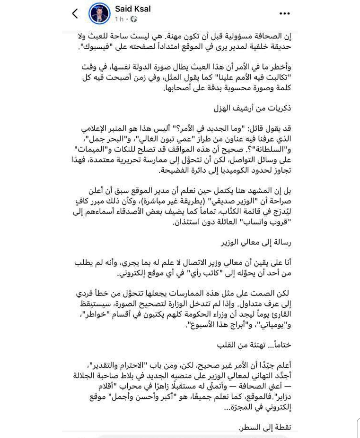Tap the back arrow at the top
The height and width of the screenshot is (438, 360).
tap(75, 14)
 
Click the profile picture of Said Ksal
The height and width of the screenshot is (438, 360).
tap(99, 14)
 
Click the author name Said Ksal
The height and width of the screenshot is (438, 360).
tap(133, 9)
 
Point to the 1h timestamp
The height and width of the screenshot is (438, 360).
tap(119, 19)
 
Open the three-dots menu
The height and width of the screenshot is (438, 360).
tap(284, 14)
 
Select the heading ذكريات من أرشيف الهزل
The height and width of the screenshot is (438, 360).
tap(252, 109)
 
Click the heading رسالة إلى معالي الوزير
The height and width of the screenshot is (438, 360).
tap(256, 243)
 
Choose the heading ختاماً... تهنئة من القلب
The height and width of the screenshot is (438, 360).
tap(254, 345)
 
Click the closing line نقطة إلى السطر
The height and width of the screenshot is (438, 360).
tap(265, 427)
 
